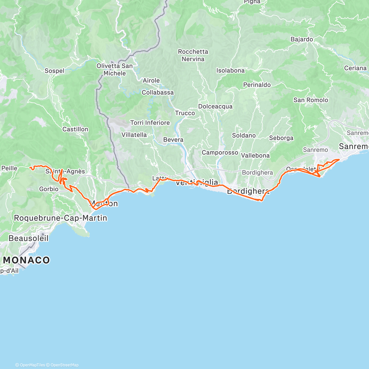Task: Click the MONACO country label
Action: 26,260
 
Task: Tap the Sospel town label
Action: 54,71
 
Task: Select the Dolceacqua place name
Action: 215,106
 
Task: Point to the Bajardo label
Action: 302,39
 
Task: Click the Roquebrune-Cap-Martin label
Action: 61,218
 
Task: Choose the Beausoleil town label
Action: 29,238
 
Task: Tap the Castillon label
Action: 75,129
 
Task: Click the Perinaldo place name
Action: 257,85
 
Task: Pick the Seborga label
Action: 281,138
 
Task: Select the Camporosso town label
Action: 220,153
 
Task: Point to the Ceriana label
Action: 355,68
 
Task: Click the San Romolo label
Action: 311,100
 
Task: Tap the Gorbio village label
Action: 49,189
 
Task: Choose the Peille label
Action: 10,168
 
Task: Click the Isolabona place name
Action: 230,70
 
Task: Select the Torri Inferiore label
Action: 150,123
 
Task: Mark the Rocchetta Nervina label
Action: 193,55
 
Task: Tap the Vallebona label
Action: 255,156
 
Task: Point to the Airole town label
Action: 151,81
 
